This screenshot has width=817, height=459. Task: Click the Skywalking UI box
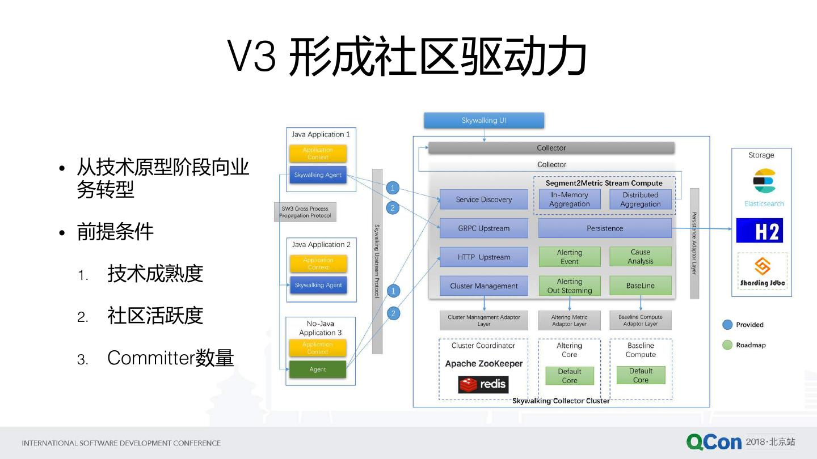(484, 121)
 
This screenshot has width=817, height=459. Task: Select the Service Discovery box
(484, 199)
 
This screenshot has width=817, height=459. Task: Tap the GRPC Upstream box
(484, 228)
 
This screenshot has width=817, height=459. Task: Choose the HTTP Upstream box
(484, 257)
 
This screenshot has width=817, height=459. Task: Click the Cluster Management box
(484, 286)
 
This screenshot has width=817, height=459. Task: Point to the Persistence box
(605, 228)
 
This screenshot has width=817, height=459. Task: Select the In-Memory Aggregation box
(570, 199)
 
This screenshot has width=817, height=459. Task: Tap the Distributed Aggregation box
(641, 199)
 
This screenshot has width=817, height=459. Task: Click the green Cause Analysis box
(641, 257)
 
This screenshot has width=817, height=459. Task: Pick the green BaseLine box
(641, 286)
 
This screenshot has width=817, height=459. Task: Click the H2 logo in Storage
(760, 231)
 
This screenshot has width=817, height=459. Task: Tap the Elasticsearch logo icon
(764, 181)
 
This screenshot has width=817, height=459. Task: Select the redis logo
(483, 385)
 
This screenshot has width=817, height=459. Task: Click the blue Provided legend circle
(727, 325)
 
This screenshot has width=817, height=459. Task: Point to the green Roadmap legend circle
(727, 345)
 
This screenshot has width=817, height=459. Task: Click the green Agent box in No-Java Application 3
(318, 369)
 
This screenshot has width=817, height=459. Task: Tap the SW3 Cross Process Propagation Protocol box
(305, 212)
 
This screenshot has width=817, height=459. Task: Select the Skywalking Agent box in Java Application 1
(318, 175)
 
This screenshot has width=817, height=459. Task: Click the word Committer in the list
(151, 358)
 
